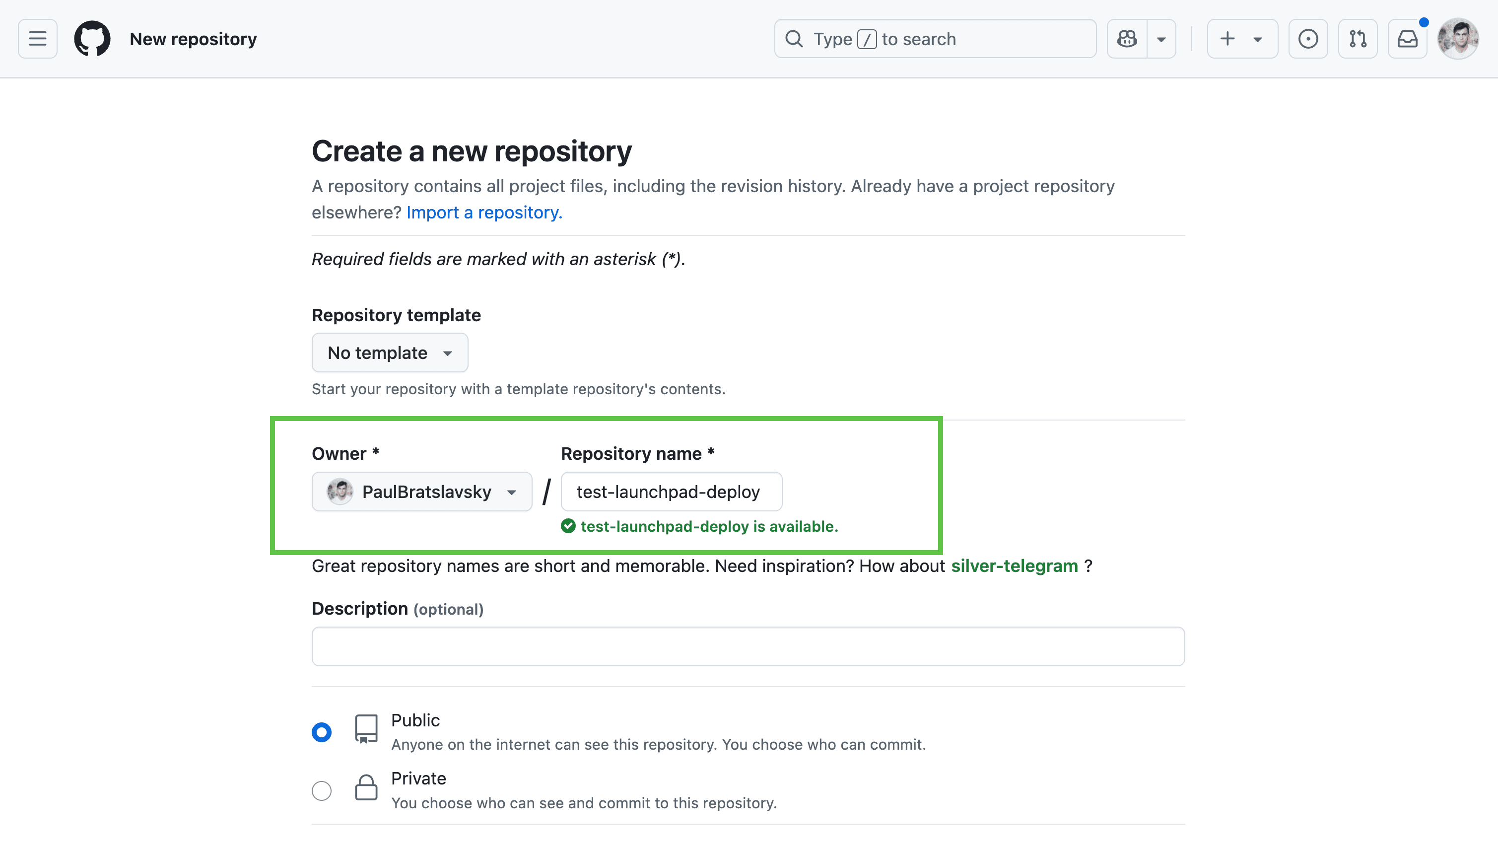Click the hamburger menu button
pos(38,39)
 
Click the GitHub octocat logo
pos(92,39)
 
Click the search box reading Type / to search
pos(935,39)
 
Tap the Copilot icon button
pos(1127,39)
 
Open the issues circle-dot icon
pos(1308,39)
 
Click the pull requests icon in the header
pos(1358,39)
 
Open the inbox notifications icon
pos(1407,39)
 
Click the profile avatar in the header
pos(1458,39)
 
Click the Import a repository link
pos(484,212)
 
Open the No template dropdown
pos(390,353)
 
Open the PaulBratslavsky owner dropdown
pos(422,492)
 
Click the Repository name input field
pos(671,492)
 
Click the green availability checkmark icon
pos(568,526)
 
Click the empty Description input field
pos(748,646)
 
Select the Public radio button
pos(322,732)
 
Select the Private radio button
pos(322,790)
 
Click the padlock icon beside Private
pos(366,787)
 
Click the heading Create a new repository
pos(472,151)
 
